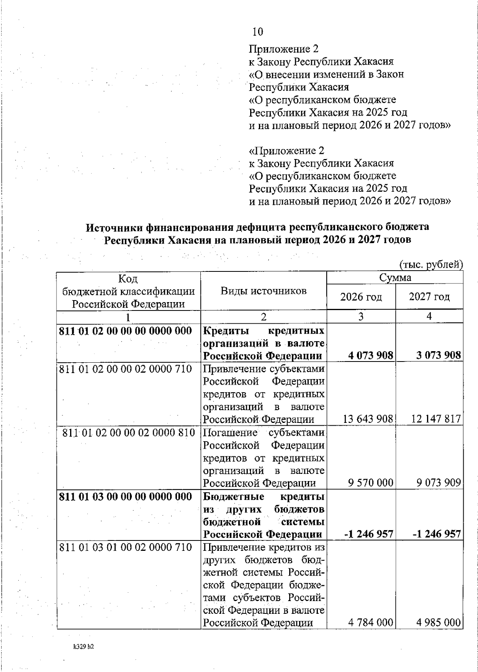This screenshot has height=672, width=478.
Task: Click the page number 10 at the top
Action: [258, 31]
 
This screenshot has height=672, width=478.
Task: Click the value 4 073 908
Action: [370, 355]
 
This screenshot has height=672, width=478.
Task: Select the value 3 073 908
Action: [438, 355]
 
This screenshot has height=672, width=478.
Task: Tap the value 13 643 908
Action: [368, 419]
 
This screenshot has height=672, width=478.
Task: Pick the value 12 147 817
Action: [435, 419]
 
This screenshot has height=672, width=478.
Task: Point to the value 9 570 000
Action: [370, 483]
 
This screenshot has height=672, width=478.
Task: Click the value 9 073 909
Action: [439, 483]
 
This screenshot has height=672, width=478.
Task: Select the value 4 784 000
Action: [370, 622]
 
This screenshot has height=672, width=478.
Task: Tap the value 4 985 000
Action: [439, 622]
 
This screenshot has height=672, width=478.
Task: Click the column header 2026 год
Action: [361, 297]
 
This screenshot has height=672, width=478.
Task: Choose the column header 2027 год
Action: [429, 297]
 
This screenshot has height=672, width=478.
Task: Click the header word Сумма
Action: [395, 278]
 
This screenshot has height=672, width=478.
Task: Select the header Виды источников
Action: [264, 291]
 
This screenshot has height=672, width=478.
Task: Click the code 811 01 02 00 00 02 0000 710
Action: [125, 369]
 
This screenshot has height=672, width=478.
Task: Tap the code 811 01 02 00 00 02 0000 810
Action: [128, 433]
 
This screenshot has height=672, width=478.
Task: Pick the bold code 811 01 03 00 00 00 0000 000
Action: [125, 497]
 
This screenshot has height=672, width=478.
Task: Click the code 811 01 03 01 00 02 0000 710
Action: [125, 547]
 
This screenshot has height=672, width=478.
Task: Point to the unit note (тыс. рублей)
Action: [431, 265]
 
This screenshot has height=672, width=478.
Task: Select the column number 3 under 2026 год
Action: [361, 316]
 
